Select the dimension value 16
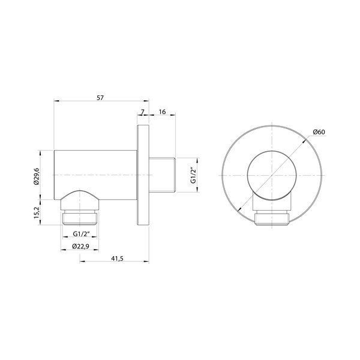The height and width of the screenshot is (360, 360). click(162, 112)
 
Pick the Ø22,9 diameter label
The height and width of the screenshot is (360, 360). click(80, 247)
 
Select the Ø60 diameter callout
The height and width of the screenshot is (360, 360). click(320, 133)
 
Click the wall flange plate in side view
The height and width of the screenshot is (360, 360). click(143, 174)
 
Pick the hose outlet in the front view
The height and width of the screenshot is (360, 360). click(272, 217)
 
